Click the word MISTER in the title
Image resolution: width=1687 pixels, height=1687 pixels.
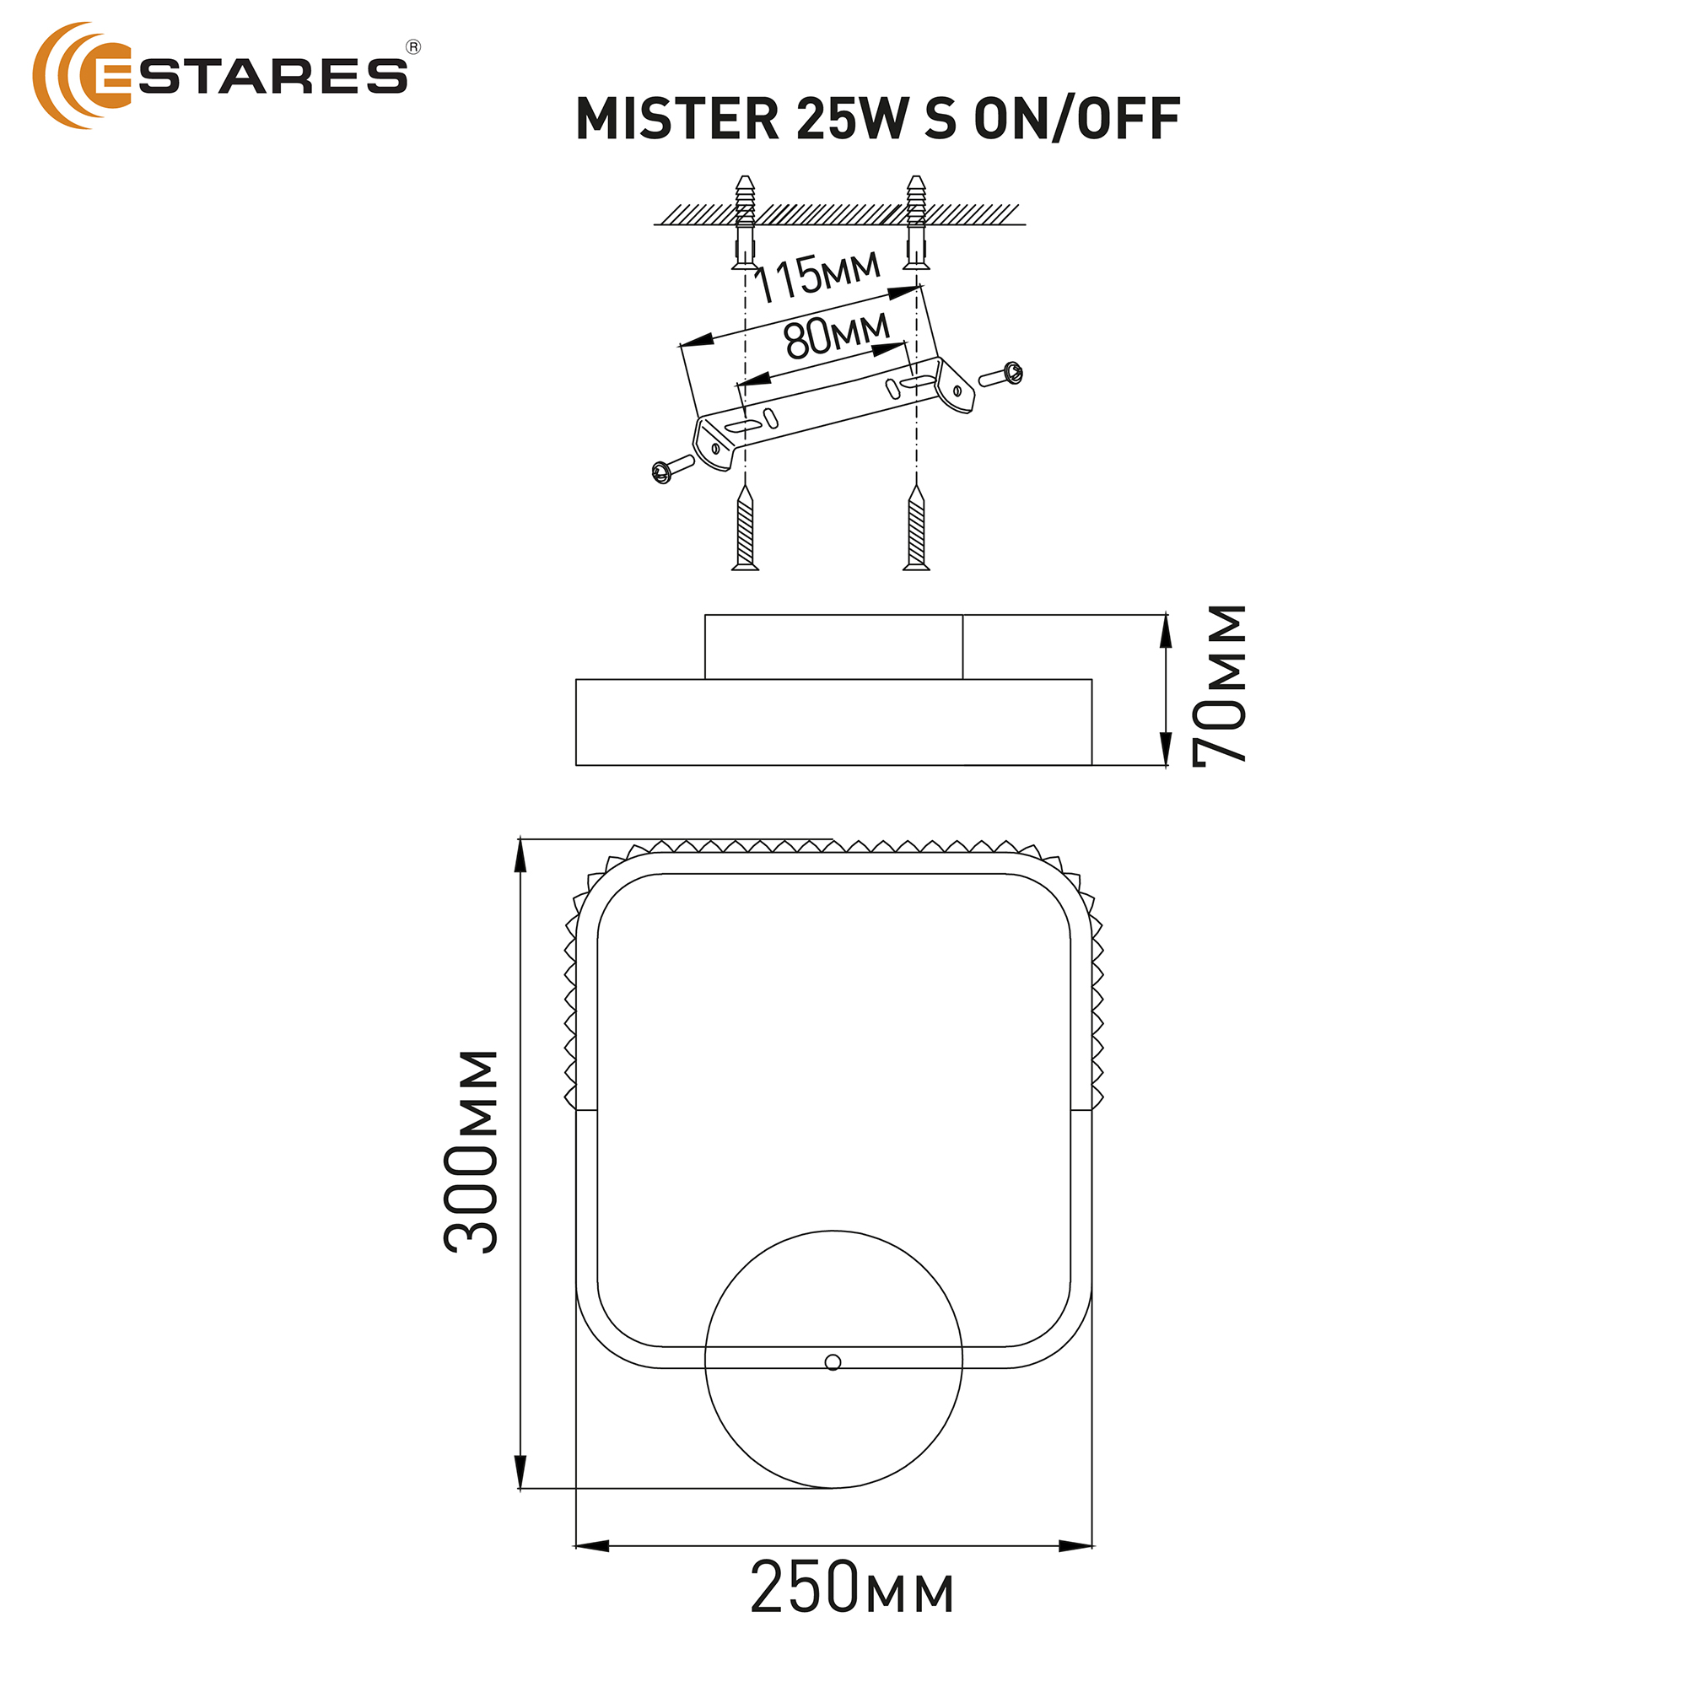(x=677, y=119)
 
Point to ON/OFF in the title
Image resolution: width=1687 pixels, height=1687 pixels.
(x=1077, y=119)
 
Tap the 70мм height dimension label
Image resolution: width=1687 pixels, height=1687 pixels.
(x=1220, y=687)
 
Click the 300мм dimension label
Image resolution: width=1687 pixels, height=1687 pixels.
(x=471, y=1151)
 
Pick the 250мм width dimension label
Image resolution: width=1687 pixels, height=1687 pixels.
(x=852, y=1587)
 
